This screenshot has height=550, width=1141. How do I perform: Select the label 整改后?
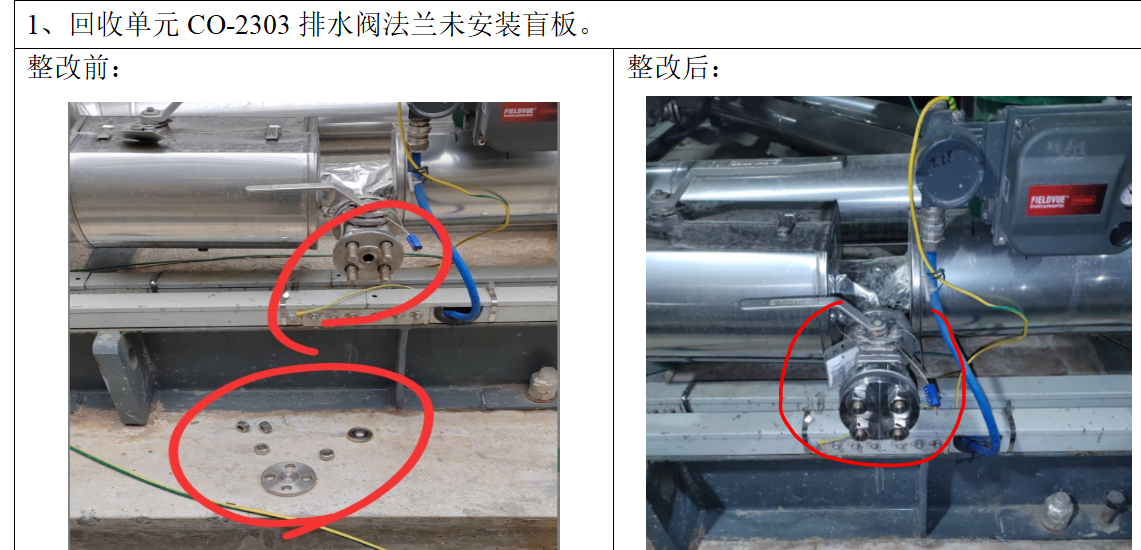click(x=668, y=69)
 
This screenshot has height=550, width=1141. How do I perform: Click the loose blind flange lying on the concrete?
click(x=289, y=478)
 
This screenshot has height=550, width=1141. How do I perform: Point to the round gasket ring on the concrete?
click(x=357, y=434)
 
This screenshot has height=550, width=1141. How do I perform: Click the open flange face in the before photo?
click(x=368, y=255)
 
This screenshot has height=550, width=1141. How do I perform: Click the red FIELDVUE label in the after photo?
click(x=1066, y=199)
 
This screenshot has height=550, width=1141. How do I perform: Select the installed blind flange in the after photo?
click(x=879, y=411)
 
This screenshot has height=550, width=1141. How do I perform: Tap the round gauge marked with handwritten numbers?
click(x=949, y=171)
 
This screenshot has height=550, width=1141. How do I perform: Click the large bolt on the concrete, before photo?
click(x=543, y=384)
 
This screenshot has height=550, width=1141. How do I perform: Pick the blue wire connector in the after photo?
click(x=929, y=396)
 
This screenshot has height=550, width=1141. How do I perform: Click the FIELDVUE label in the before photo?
click(x=520, y=114)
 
